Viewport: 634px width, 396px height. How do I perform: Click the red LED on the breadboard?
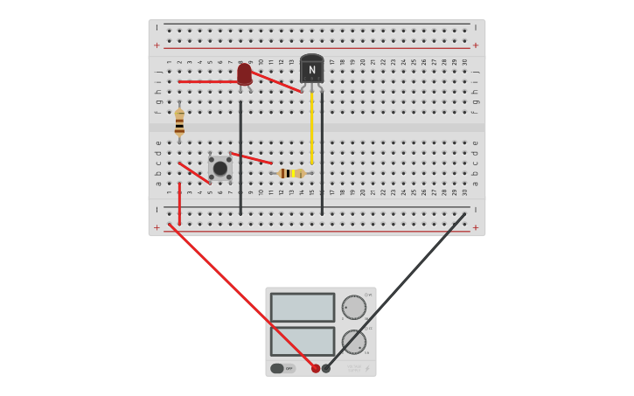click(244, 73)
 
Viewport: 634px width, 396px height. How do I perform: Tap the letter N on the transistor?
click(311, 70)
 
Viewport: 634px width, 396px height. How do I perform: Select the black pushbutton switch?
click(220, 168)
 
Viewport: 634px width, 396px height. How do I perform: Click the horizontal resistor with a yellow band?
click(291, 173)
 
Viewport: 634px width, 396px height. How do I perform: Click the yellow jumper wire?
click(311, 127)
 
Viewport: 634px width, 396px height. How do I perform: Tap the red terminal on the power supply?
click(316, 368)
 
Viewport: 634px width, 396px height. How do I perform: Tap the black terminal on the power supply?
click(326, 368)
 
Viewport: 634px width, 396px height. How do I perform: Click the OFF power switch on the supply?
click(282, 368)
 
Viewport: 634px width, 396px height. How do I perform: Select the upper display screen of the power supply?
click(303, 307)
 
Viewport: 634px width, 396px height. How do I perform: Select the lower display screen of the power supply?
click(303, 340)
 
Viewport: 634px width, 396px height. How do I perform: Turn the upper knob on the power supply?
click(353, 307)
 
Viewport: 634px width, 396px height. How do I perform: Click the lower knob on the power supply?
click(353, 341)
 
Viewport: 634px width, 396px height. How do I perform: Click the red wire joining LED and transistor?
click(275, 81)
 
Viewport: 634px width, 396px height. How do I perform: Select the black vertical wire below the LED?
click(240, 157)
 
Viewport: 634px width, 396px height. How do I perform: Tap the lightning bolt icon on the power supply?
click(367, 369)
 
